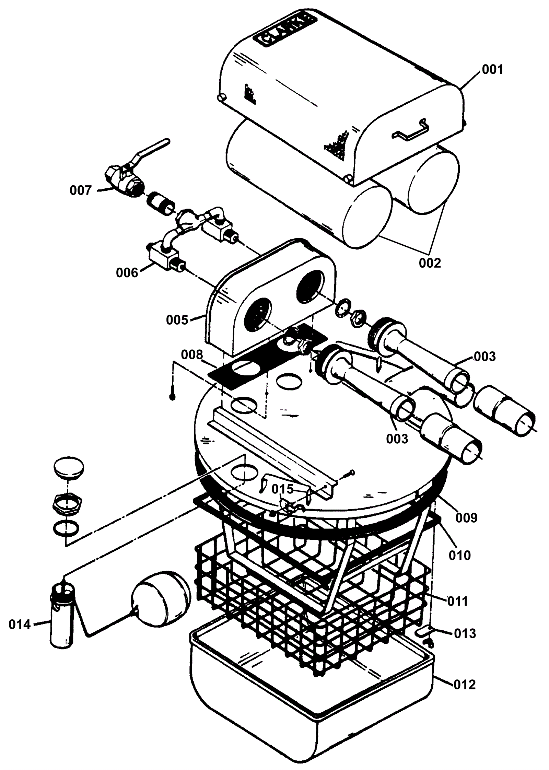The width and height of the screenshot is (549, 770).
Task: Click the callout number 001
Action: (492, 70)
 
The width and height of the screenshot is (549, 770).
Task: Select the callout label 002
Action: (430, 263)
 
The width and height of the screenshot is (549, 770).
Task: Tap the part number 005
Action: (177, 320)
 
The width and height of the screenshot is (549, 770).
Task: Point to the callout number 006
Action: (127, 273)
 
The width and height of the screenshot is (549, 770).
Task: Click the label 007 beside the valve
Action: (81, 190)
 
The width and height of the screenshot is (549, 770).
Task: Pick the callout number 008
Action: (192, 355)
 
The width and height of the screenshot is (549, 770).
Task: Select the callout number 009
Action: (466, 518)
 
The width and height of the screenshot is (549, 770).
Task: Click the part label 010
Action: (460, 555)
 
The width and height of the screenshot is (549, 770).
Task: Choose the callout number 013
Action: (465, 633)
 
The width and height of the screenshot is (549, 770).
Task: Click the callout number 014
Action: (20, 625)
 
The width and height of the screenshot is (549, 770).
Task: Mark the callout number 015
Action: (283, 489)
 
